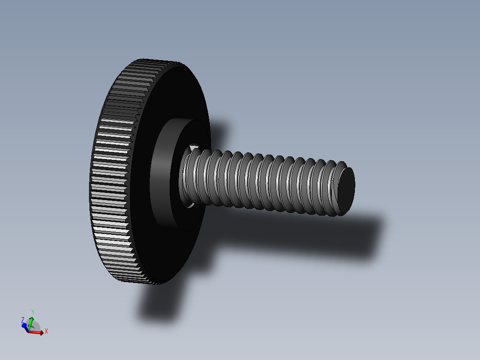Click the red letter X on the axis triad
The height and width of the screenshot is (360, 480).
[46, 331]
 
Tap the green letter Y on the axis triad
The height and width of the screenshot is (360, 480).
[33, 312]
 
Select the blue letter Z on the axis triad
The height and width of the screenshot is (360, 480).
[23, 320]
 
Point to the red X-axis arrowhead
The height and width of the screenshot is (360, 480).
[41, 332]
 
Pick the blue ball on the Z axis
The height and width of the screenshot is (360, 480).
[24, 326]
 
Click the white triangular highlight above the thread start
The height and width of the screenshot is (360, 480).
[193, 147]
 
